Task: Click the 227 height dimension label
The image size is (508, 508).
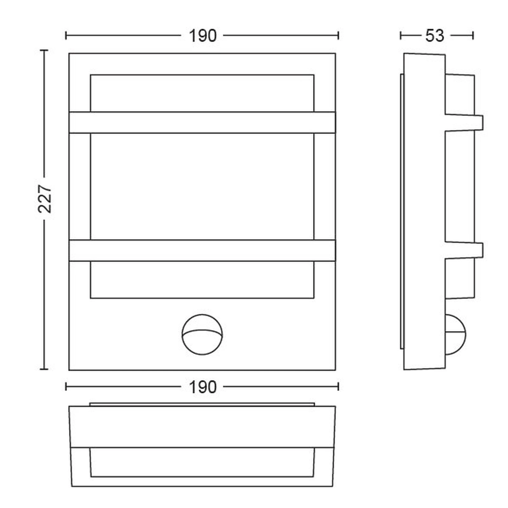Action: (44, 198)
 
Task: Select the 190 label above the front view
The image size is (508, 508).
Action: (203, 36)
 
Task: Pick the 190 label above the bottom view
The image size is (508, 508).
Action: (203, 387)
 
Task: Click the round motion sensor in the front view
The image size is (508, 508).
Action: (202, 335)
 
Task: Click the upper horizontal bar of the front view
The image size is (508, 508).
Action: (202, 122)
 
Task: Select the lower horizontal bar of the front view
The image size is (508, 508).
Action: (202, 251)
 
